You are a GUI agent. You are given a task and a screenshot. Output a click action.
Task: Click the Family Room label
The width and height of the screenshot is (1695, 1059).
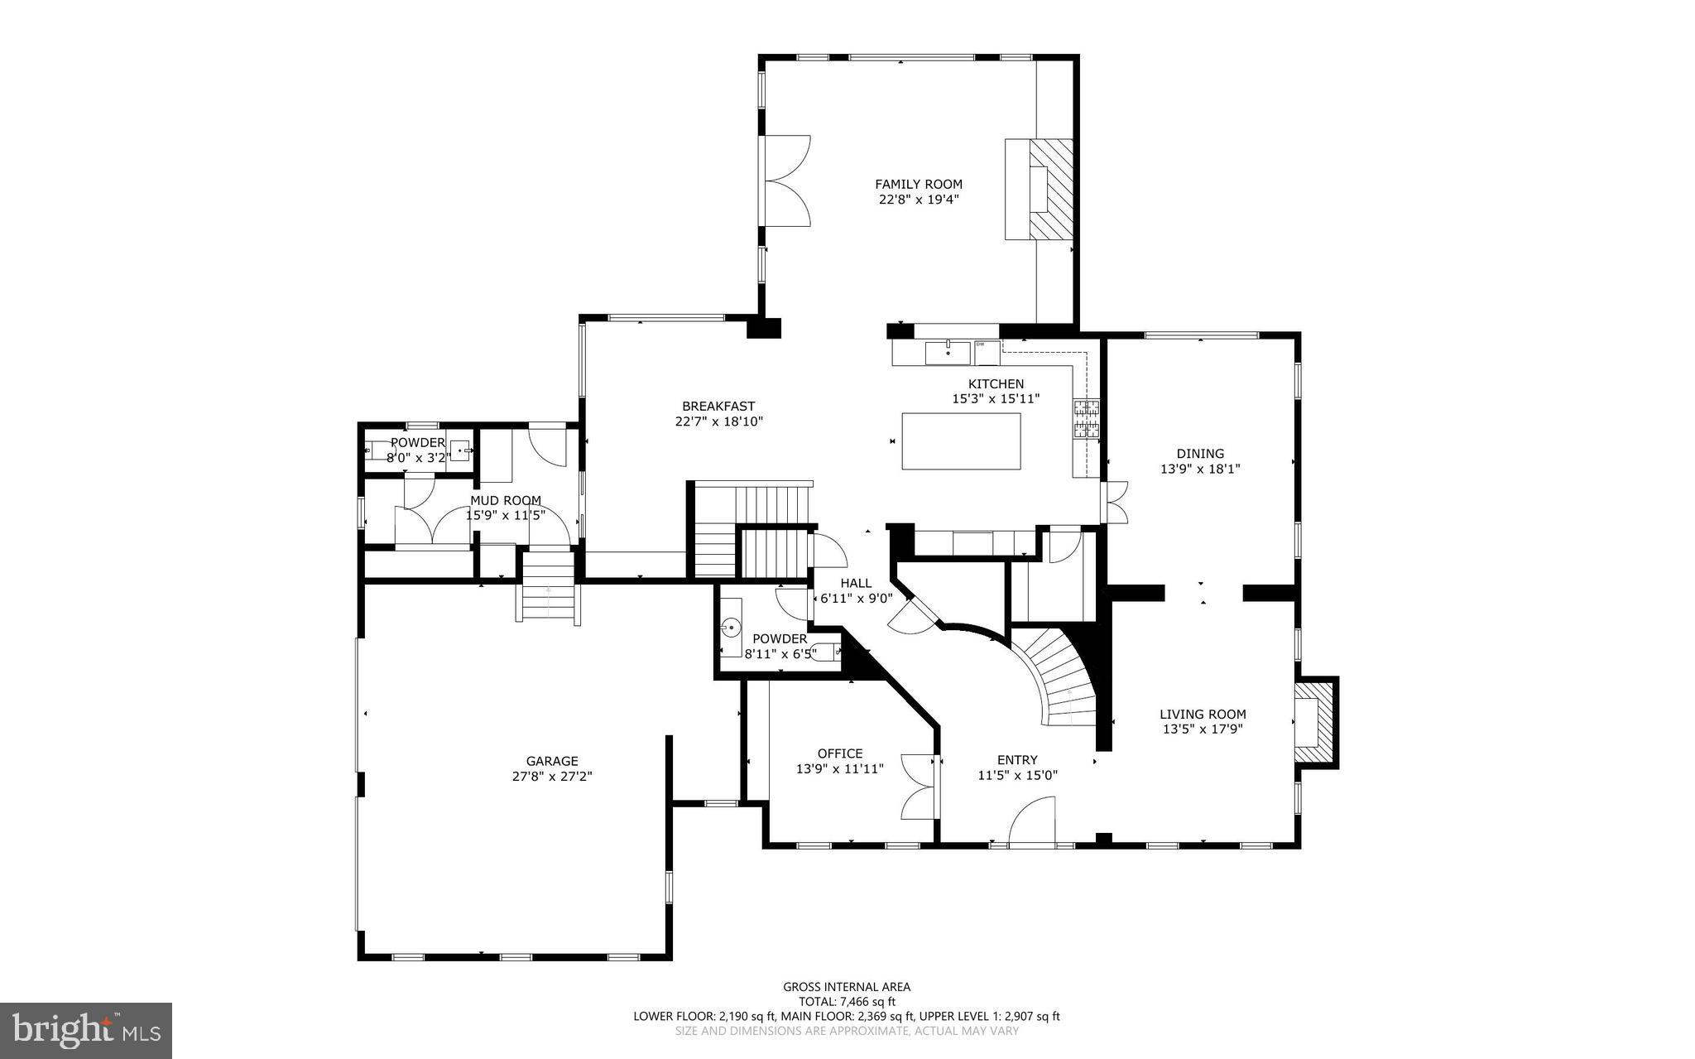919,185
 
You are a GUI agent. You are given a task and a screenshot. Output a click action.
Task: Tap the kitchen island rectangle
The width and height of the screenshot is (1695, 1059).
961,441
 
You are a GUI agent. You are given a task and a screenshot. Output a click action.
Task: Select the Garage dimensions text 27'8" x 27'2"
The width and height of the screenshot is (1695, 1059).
552,777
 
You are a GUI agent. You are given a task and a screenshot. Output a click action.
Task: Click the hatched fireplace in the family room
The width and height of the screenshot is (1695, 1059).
1050,190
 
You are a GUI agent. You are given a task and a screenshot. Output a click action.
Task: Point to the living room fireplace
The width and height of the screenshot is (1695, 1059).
1315,722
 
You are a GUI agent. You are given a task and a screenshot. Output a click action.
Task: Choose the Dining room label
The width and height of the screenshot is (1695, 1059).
1200,454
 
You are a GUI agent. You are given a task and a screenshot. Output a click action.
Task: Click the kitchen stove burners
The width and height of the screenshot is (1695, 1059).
1087,418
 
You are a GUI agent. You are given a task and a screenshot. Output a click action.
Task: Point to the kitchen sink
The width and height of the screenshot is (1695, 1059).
948,352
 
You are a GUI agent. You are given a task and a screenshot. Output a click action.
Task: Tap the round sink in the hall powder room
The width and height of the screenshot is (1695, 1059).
732,628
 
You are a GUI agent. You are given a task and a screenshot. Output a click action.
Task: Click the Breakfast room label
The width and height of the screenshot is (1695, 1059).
718,407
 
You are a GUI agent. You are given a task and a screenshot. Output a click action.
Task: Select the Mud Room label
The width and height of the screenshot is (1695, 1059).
506,501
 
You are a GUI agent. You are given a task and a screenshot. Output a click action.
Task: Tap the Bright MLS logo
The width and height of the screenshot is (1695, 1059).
86,1029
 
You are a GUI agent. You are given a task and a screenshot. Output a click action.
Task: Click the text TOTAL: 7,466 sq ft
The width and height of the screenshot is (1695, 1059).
847,1001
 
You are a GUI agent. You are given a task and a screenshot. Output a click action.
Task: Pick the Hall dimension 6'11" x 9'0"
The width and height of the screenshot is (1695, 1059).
856,598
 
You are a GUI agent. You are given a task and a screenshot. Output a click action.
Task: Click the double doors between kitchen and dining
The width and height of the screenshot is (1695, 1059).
1116,502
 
